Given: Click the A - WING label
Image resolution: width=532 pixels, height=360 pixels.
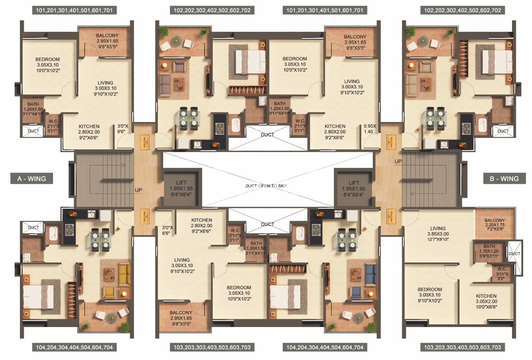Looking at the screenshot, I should click(x=31, y=178).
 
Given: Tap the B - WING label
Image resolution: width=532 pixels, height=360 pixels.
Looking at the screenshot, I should click(x=504, y=178).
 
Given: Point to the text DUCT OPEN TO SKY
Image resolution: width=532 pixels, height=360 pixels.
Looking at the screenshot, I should click(x=266, y=186).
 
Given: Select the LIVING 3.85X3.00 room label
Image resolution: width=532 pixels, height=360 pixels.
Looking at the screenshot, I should click(x=438, y=233).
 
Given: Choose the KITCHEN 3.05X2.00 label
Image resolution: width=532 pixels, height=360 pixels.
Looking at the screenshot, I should click(x=486, y=301).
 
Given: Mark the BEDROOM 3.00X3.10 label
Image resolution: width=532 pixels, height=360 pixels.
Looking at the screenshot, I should click(x=430, y=295).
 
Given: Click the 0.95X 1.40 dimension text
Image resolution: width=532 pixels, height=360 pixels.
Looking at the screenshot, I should click(x=370, y=129).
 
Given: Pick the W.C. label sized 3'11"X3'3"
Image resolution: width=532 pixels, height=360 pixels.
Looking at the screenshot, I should click(x=502, y=274).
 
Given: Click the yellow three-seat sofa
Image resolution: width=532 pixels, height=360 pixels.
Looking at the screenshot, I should click(x=124, y=274).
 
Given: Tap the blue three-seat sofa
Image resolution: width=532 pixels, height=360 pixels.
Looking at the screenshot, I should click(x=371, y=274).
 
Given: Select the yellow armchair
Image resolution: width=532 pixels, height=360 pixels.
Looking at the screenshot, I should click(x=109, y=293).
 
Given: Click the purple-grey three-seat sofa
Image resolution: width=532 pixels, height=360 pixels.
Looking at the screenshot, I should click(x=165, y=84).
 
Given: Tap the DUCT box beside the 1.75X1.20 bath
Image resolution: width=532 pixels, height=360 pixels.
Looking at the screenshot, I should click(x=514, y=254).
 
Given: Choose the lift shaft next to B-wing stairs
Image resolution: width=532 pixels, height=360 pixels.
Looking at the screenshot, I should click(x=354, y=188).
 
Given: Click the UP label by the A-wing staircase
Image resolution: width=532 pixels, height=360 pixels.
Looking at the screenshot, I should click(x=138, y=190).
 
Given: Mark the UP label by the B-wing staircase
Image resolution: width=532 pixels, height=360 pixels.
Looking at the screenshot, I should click(x=398, y=162).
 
